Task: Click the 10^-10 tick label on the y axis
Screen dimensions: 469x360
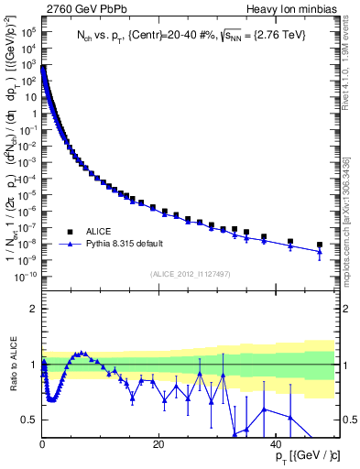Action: point(26,276)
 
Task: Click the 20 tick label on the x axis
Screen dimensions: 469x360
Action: point(158,443)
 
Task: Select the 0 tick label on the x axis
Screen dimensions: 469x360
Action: point(42,443)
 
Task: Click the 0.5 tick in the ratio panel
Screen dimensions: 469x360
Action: point(29,420)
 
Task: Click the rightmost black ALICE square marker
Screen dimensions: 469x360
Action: point(320,245)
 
